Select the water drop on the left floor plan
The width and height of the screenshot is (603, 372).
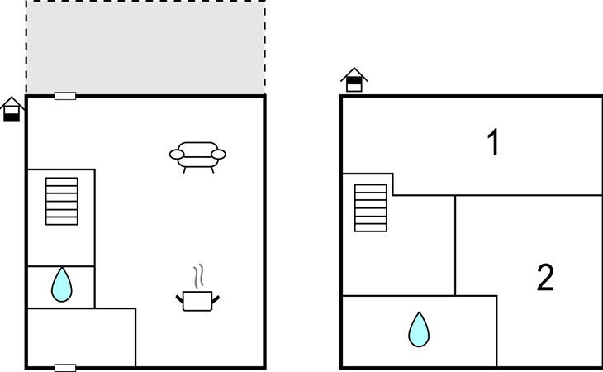coord(61,284)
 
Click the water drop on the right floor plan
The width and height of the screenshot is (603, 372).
coord(419,329)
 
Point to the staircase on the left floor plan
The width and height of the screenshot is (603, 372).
coord(61,201)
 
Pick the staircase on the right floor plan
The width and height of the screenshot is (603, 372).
coord(371,208)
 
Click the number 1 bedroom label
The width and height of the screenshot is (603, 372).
coord(493,142)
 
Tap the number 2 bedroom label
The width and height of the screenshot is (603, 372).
coord(545,277)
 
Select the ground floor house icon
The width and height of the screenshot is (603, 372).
coord(12,109)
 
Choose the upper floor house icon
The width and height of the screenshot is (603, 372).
coord(354,79)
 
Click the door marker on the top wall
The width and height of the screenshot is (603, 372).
coord(65,96)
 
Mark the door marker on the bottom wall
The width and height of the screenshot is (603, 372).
coord(65,368)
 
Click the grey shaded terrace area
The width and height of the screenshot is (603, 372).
coord(145,47)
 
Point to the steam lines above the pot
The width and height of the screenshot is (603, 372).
coord(198,276)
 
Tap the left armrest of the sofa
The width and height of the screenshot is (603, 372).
coord(177,155)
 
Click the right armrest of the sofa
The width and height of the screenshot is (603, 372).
coord(218,155)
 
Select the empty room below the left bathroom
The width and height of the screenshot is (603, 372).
coord(81,337)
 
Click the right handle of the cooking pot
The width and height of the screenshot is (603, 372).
coord(216,299)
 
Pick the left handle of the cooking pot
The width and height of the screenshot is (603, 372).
coord(179,299)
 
